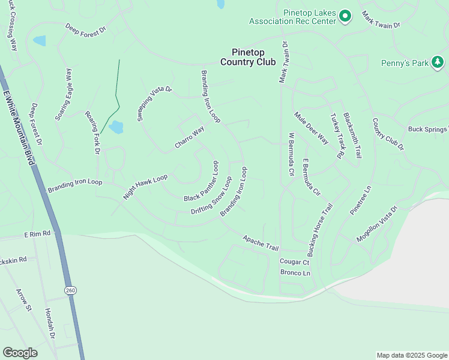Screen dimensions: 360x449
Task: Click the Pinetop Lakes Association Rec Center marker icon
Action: (x=345, y=16)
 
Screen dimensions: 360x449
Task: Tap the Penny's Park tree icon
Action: (x=438, y=62)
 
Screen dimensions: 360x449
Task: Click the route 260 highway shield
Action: (x=71, y=290)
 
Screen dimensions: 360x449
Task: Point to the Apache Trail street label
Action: (x=261, y=243)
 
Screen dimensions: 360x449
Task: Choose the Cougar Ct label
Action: (x=294, y=262)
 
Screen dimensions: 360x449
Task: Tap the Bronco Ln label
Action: (x=295, y=273)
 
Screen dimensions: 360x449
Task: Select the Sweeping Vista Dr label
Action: (x=155, y=104)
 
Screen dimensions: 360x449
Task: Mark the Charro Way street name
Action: (x=190, y=137)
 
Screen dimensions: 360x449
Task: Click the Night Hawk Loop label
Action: (x=145, y=187)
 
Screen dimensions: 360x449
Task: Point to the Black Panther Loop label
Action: (x=202, y=181)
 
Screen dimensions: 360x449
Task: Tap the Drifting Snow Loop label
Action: (x=211, y=196)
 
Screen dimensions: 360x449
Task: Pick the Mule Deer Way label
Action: (x=311, y=128)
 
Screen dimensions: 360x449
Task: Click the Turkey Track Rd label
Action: (x=337, y=136)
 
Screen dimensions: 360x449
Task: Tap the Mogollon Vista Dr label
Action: (x=377, y=224)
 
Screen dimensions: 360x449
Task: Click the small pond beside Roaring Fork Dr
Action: (x=116, y=127)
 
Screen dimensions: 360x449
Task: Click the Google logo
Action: (x=20, y=353)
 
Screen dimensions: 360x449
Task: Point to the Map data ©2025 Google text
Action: (x=411, y=355)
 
